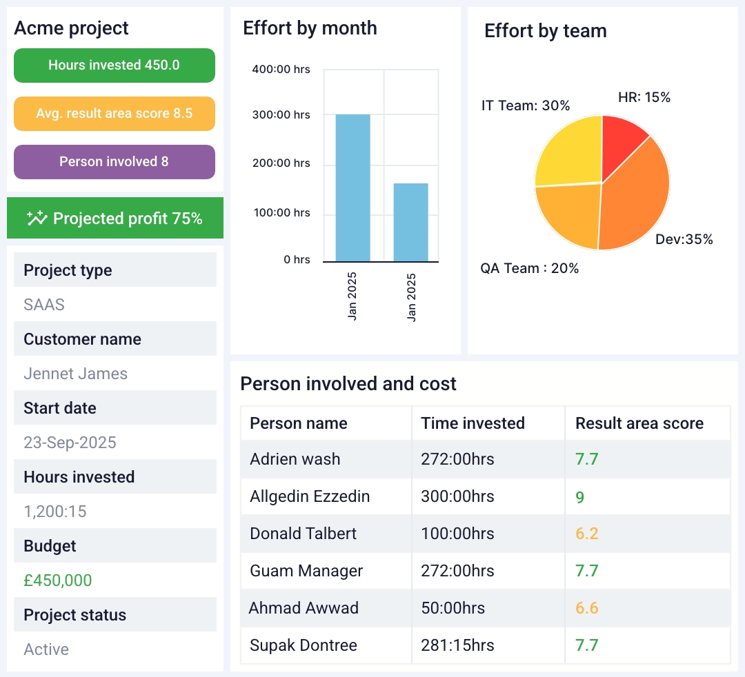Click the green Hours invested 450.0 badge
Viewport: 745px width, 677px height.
click(114, 65)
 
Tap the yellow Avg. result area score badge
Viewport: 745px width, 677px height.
click(114, 114)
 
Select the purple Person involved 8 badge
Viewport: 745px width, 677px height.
click(114, 162)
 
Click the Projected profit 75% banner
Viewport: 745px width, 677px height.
click(115, 219)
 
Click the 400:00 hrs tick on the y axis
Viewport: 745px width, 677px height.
click(281, 69)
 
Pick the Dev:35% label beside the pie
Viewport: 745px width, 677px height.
click(684, 240)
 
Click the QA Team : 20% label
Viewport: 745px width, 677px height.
click(529, 268)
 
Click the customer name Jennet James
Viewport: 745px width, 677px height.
click(75, 374)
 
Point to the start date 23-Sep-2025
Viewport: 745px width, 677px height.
click(70, 443)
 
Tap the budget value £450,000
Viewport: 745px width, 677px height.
click(57, 580)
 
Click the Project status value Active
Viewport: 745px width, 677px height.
click(46, 649)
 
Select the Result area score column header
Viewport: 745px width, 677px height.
click(639, 423)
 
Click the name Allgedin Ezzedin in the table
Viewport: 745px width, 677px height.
click(310, 496)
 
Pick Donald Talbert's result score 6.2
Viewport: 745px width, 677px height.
click(586, 534)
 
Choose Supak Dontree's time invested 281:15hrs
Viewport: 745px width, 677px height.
click(458, 645)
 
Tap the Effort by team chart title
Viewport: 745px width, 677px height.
click(545, 31)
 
